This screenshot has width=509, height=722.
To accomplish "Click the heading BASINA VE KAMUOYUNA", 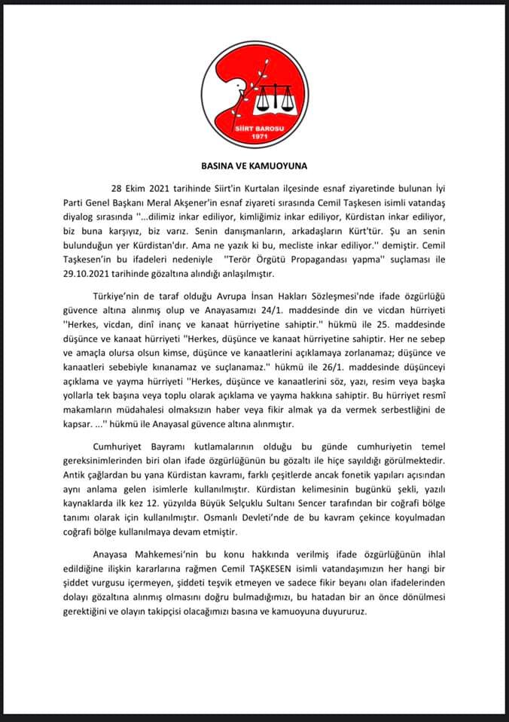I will pos(254,163).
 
